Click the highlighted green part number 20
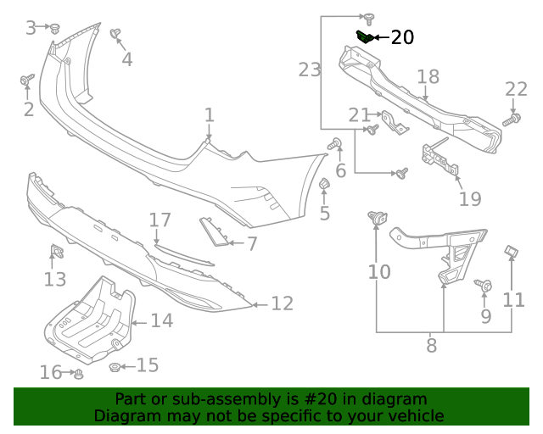(x=364, y=36)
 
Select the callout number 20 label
(x=401, y=37)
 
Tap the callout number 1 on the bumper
(x=209, y=114)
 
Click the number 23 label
(x=310, y=70)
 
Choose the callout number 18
(x=428, y=77)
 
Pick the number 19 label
(x=470, y=199)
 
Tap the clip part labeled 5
(x=323, y=186)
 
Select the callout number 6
(x=341, y=171)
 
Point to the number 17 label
(x=160, y=220)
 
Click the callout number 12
(x=282, y=303)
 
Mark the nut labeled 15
(x=114, y=366)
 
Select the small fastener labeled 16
(x=78, y=373)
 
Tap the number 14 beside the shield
(x=161, y=320)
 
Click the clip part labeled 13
(x=57, y=252)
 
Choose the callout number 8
(x=431, y=346)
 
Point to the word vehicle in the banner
(x=413, y=416)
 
